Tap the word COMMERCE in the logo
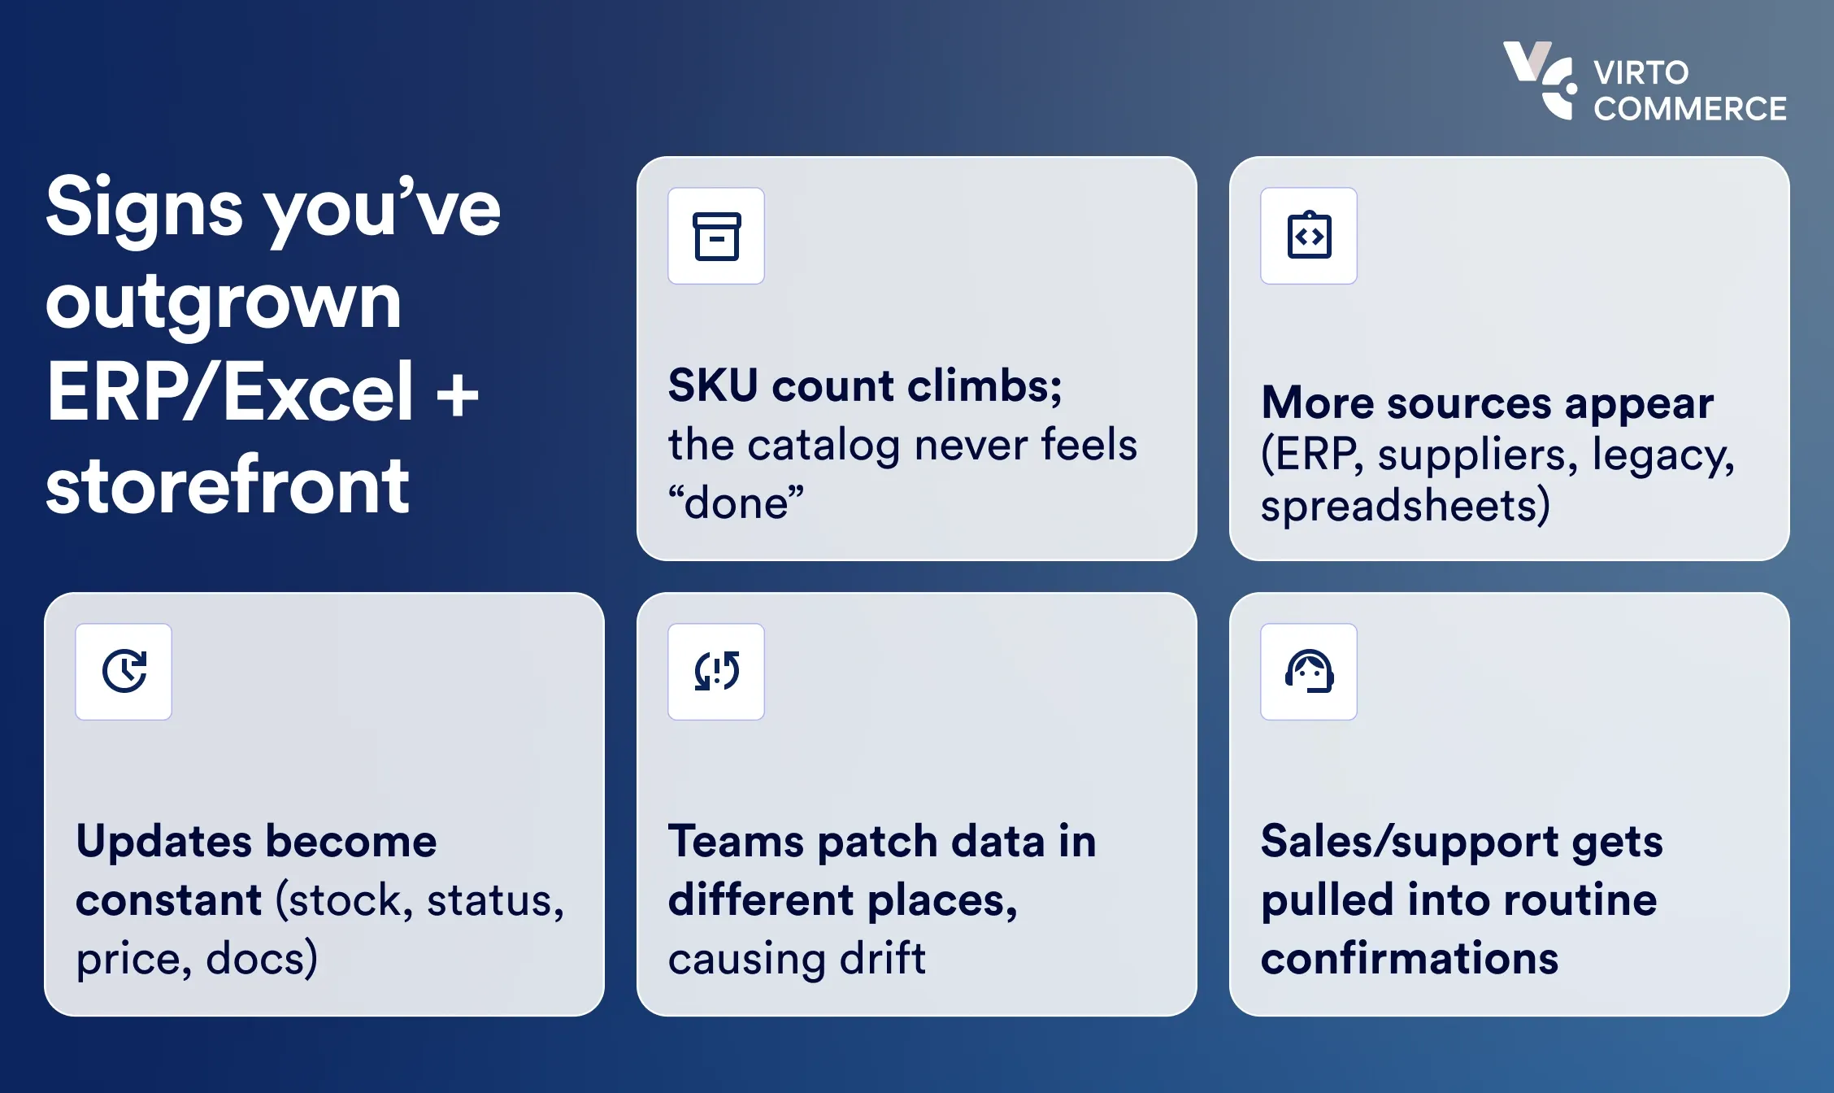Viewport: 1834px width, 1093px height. (x=1689, y=109)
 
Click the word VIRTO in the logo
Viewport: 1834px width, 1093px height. (x=1641, y=73)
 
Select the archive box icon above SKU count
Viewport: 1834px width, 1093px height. (x=716, y=236)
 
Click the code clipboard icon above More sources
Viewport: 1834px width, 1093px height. (x=1309, y=236)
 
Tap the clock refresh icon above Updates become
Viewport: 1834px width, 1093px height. (x=124, y=672)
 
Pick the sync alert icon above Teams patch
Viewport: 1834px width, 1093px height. (x=716, y=672)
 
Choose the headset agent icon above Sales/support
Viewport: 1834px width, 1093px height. (x=1309, y=672)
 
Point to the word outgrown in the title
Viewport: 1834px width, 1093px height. (x=224, y=303)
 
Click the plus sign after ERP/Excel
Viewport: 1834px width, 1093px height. (x=457, y=394)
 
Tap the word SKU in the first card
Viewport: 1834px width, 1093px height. (x=713, y=385)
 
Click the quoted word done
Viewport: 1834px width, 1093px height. (x=736, y=503)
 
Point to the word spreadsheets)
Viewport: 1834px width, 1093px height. (x=1406, y=506)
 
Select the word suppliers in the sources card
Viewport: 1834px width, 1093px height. (x=1477, y=455)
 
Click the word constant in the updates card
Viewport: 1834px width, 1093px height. (x=169, y=900)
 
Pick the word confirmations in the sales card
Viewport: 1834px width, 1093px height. (x=1410, y=959)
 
